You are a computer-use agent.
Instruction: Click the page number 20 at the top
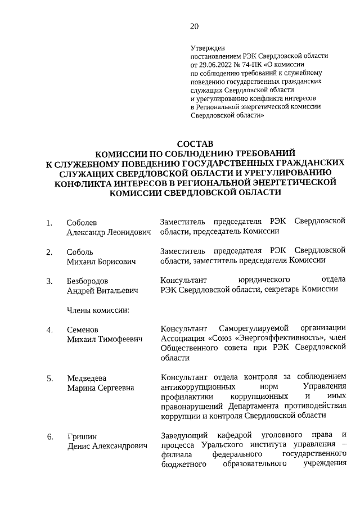click(195, 26)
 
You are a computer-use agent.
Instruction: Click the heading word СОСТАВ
click(195, 145)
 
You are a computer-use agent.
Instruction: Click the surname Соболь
click(80, 251)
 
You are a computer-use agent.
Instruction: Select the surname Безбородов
click(87, 281)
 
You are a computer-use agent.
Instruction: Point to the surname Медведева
click(87, 378)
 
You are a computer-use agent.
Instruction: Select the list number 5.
click(49, 378)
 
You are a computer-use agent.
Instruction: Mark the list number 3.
click(49, 281)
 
